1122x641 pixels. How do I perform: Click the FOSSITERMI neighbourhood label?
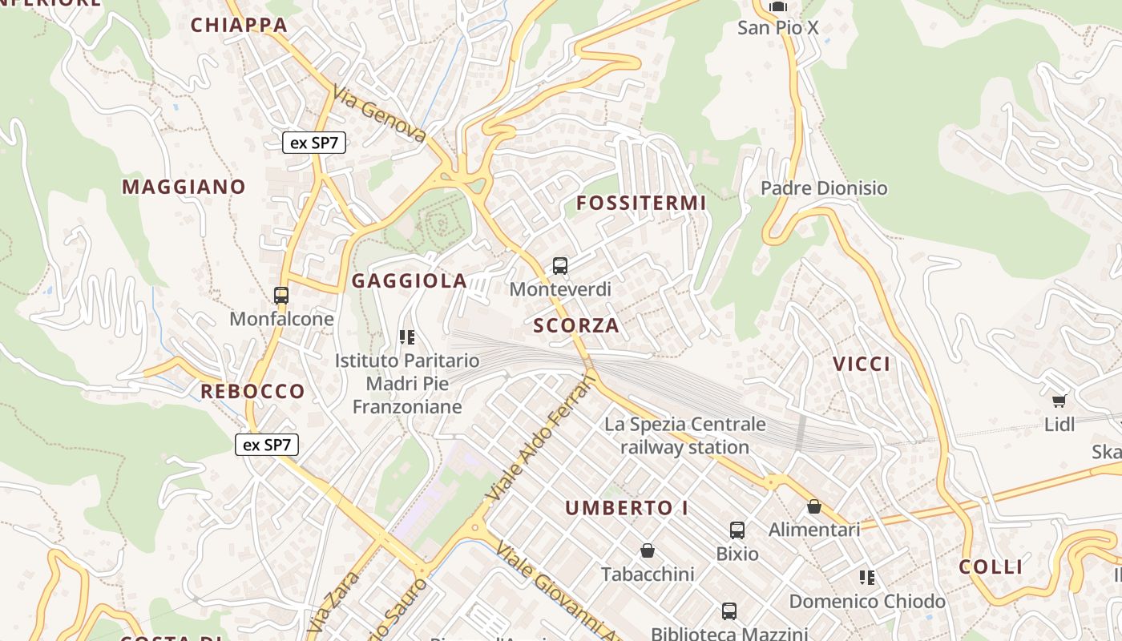pos(641,204)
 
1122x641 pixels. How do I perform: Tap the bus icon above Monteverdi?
pos(560,266)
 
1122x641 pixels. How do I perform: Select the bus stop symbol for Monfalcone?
pos(281,296)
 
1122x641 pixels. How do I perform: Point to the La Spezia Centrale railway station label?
pos(685,436)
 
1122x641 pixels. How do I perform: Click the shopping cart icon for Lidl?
pos(1059,401)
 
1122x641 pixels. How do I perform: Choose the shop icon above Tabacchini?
pos(648,551)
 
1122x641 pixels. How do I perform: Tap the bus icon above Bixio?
pos(737,530)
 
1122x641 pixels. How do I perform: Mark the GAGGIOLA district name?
pos(409,280)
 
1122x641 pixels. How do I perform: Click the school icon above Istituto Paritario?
pos(407,337)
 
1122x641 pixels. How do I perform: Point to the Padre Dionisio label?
pos(824,188)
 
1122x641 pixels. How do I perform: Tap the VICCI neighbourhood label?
pos(862,365)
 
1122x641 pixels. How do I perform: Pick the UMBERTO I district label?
pos(627,508)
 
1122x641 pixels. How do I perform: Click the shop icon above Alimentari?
pos(814,506)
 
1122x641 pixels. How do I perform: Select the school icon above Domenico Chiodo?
pos(866,578)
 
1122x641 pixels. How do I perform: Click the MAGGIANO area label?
pos(184,187)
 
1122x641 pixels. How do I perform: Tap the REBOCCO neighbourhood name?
pos(252,392)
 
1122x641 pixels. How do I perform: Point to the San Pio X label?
pos(777,28)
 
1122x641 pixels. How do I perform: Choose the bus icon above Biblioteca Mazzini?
pos(729,611)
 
